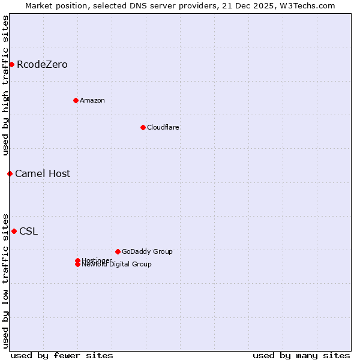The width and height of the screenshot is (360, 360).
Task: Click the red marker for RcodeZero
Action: point(11,64)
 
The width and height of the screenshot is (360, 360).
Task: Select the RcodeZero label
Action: point(42,65)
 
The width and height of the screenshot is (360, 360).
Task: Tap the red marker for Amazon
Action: point(76,100)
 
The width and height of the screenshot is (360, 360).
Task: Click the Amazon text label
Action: point(92,100)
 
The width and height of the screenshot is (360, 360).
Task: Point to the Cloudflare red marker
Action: point(143,127)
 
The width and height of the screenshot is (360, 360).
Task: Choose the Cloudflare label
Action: point(163,127)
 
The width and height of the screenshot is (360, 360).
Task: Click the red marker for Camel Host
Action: point(10,173)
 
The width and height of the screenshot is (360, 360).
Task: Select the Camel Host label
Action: point(43,174)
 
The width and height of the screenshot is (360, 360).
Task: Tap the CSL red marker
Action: point(14,231)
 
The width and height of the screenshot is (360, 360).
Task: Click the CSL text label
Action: point(28,232)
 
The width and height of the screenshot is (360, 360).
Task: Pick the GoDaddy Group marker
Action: point(118,251)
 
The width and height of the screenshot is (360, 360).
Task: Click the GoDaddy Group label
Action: point(147,251)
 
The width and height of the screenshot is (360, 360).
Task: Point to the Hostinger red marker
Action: point(77,260)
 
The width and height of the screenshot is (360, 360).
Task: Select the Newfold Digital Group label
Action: point(117,265)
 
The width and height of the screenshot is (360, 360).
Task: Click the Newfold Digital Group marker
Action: point(77,265)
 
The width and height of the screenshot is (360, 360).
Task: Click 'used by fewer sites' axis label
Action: point(62,355)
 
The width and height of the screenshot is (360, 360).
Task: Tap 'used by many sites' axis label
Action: point(301,355)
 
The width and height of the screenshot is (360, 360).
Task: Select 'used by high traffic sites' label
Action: point(6,85)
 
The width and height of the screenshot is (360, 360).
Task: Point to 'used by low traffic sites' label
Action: point(6,280)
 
